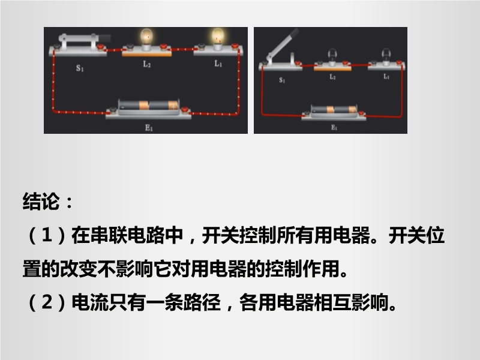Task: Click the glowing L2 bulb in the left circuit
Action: pos(146,38)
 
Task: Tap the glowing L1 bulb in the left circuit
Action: pos(218,38)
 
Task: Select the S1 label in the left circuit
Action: pos(80,68)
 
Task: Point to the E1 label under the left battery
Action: pos(149,127)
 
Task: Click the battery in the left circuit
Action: pos(148,107)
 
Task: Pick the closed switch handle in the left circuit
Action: pos(85,38)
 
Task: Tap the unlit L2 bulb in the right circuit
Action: pos(332,56)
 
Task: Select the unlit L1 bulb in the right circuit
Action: pos(386,56)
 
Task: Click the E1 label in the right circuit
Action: pos(334,127)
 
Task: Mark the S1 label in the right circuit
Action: pos(282,80)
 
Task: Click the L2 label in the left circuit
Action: pos(147,64)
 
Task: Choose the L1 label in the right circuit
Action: pos(386,77)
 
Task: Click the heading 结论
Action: pos(41,202)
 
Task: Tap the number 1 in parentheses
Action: pos(47,235)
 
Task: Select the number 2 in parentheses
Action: pos(47,302)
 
